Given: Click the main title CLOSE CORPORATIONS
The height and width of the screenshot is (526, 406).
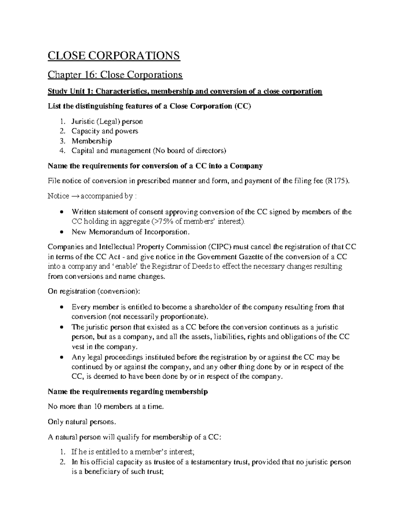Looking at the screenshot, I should (114, 55).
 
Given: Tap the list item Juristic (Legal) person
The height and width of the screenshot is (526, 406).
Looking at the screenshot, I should (107, 121).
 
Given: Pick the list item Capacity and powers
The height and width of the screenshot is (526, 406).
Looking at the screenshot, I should (105, 131).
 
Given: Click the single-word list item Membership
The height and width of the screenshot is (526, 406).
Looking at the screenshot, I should (91, 141).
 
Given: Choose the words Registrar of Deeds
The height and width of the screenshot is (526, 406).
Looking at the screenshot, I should (179, 266).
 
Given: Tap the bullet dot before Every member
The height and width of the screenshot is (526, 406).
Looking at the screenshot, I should (61, 308).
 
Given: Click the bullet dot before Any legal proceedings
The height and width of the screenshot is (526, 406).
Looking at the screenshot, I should (61, 357).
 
